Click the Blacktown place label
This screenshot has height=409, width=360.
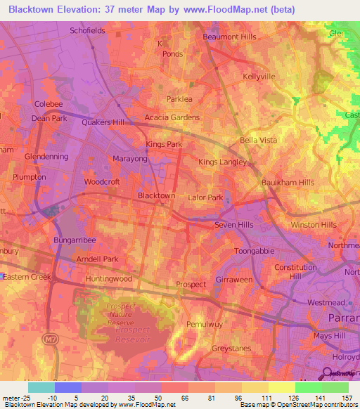coord(156,195)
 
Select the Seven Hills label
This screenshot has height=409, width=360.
coord(233,225)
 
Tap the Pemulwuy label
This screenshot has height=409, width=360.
coord(203,325)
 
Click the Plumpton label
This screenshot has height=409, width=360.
coord(29,177)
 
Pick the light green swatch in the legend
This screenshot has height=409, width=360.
coord(308,387)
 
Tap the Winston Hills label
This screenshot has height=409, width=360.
coord(314,225)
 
